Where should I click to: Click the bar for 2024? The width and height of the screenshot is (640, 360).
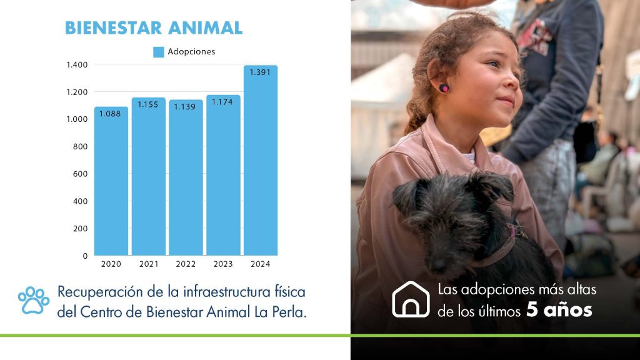[261, 161]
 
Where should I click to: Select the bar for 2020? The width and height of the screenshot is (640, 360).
[111, 181]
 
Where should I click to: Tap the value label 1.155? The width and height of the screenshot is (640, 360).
[147, 104]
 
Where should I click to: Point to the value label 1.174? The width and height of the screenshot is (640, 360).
[222, 102]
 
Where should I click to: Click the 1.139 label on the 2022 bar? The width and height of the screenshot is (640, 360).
[185, 106]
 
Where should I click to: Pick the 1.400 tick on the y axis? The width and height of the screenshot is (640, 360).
[77, 64]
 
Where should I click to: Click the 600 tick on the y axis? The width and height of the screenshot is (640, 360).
[81, 174]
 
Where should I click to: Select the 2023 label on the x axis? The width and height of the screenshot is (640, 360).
[223, 264]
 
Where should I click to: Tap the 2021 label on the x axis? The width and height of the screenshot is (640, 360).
[149, 264]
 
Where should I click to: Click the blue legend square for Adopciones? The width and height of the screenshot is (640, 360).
[159, 52]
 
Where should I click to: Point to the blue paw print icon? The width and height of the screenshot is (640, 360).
[34, 301]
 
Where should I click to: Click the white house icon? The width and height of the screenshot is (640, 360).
[411, 299]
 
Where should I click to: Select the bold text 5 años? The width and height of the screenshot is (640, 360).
[559, 310]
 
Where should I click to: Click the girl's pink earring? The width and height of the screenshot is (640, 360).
[444, 87]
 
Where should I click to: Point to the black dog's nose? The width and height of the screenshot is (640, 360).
[439, 265]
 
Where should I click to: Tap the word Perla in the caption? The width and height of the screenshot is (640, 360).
[286, 312]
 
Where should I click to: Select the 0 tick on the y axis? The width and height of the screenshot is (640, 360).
[85, 256]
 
